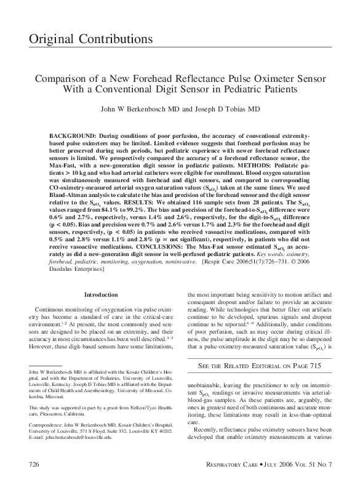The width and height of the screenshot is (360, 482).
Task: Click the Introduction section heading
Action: [101, 295]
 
